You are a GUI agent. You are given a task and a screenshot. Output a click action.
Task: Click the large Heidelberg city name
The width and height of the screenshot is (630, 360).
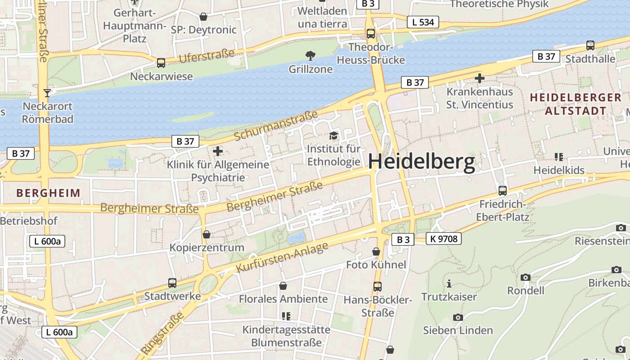point(422,162)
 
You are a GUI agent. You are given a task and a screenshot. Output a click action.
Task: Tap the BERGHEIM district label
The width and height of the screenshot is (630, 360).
point(48,193)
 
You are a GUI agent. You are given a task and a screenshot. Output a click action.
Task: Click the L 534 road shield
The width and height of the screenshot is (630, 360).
point(423,22)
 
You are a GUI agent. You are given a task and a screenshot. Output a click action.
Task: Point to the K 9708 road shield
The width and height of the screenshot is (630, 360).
point(444,239)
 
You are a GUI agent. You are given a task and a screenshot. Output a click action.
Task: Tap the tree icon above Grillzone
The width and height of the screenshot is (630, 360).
point(310,56)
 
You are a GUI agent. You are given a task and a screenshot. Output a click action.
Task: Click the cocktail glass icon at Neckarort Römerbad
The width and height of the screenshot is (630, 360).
point(47,93)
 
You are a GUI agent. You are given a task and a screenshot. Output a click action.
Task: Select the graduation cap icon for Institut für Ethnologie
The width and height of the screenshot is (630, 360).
point(333,135)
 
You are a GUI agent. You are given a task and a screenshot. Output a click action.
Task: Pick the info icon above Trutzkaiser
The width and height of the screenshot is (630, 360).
point(449,283)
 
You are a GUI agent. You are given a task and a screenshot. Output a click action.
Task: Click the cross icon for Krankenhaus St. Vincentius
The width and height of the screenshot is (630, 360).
point(480,78)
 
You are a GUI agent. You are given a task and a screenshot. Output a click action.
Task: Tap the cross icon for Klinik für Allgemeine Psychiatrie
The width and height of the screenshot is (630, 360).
point(218,151)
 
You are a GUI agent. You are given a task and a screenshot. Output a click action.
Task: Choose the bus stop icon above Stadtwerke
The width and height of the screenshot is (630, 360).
point(172,283)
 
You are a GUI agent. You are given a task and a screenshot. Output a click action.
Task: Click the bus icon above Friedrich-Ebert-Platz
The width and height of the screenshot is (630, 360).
point(503,191)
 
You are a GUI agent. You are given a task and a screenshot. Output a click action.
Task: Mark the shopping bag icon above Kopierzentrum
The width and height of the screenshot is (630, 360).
point(206,234)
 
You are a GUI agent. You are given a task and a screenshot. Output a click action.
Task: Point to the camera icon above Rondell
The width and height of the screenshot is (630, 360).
point(525,277)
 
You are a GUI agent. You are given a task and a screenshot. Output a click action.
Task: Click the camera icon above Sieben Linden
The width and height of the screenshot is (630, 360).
point(458,317)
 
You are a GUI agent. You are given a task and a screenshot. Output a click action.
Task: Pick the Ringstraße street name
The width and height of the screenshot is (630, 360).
point(163,333)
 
